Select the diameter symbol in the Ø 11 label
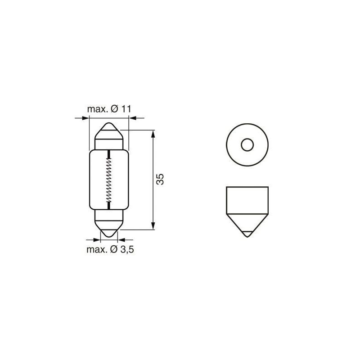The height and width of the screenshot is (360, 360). tap(114, 109)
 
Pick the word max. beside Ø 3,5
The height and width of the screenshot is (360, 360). tap(96, 250)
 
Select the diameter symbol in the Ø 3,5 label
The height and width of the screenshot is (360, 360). tap(114, 250)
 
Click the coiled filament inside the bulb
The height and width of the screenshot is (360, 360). tap(109, 180)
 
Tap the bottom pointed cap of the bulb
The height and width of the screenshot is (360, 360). tap(109, 227)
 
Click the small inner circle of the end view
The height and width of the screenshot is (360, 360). tap(247, 145)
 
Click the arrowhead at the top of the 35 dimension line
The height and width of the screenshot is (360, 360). tap(153, 134)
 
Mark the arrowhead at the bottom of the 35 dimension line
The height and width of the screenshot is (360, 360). tap(153, 226)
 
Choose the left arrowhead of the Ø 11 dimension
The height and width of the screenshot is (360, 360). tap(86, 118)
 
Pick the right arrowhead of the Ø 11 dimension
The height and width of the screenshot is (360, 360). tap(132, 118)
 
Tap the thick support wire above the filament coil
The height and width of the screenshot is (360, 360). tap(109, 155)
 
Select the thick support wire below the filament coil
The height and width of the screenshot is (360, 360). tap(109, 205)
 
